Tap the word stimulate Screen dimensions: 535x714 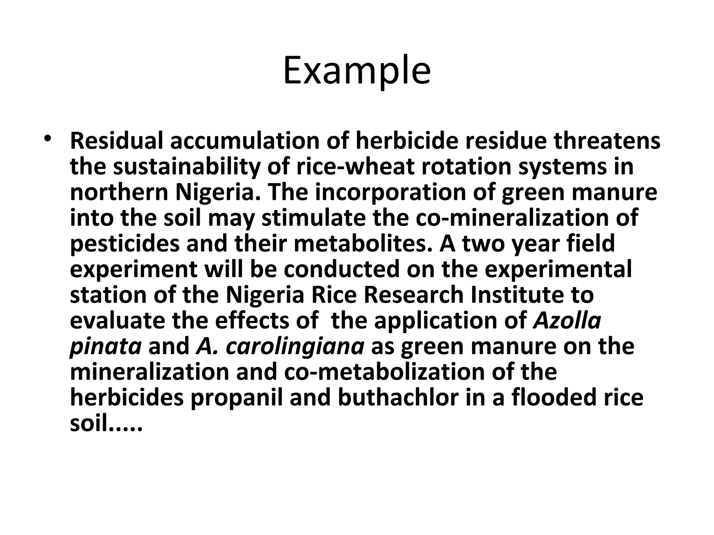(314, 218)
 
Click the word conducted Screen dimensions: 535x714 (341, 269)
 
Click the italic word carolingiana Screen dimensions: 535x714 (295, 346)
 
